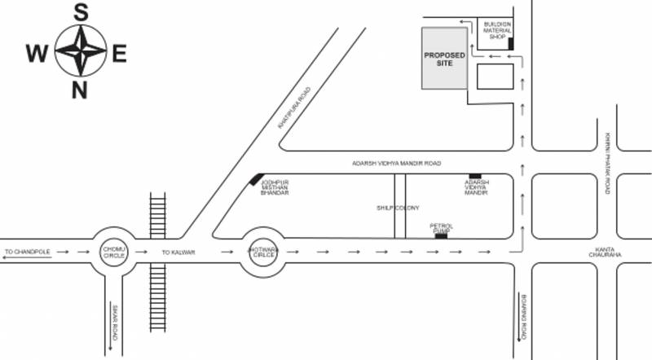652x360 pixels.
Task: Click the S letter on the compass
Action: click(x=80, y=12)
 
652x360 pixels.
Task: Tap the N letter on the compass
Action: click(x=80, y=90)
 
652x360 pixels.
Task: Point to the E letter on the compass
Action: click(x=119, y=55)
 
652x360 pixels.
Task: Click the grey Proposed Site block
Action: click(x=443, y=58)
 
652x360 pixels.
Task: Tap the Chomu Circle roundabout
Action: click(x=112, y=252)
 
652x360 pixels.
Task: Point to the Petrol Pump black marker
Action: click(x=441, y=236)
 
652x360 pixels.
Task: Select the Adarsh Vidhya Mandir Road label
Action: click(x=395, y=163)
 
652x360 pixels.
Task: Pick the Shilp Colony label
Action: click(x=397, y=208)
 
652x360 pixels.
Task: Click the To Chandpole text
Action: click(x=28, y=252)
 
